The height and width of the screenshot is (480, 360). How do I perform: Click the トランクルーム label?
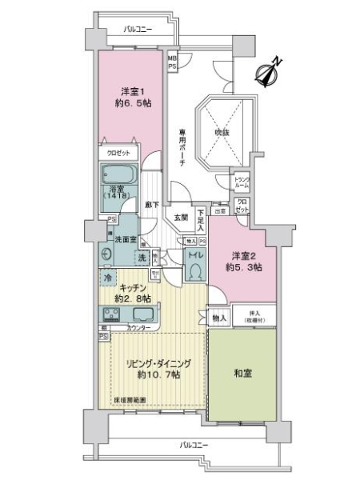[242, 182]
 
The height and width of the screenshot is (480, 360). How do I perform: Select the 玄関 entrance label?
[180, 217]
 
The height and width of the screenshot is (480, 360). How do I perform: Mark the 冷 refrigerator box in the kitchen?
[108, 278]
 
